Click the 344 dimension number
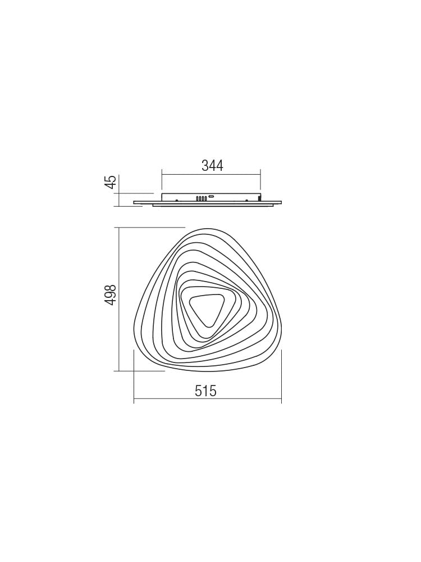click(212, 166)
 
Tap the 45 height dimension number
click(111, 182)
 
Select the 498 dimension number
click(111, 294)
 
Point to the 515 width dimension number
click(205, 391)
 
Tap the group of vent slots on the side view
click(202, 198)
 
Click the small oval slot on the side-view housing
click(211, 197)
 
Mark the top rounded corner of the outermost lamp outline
click(208, 229)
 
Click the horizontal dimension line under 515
click(207, 400)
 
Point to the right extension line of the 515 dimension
click(281, 377)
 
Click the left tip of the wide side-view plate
click(135, 202)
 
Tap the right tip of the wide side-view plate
click(280, 202)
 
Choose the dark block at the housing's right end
click(259, 198)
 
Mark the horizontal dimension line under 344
click(211, 174)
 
